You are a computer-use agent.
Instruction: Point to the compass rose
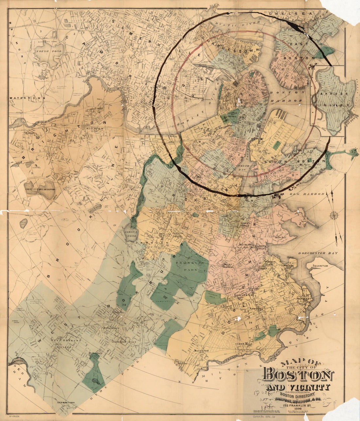pos(334,215)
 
